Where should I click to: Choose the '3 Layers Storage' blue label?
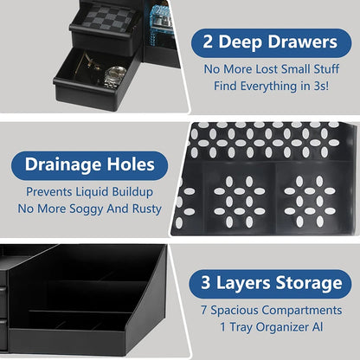click(268, 283)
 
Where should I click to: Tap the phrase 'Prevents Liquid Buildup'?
click(88, 190)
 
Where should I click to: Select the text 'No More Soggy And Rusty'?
click(88, 209)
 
